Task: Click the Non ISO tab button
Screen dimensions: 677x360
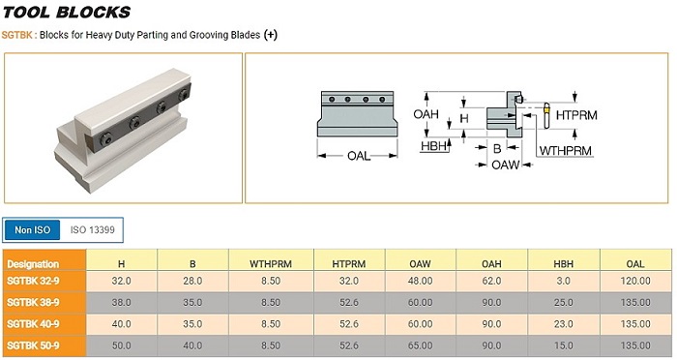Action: coord(32,229)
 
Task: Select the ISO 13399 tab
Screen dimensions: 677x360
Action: coord(93,229)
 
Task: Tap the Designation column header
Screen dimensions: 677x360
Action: coord(33,264)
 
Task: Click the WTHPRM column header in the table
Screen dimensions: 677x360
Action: coord(271,263)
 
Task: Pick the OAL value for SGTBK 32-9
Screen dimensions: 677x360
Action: coord(635,281)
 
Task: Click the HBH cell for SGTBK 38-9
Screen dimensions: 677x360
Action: coord(564,303)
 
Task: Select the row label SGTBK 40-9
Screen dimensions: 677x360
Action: coord(33,324)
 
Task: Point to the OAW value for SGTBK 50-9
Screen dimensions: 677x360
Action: coord(420,345)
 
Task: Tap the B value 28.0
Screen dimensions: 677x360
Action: coord(192,281)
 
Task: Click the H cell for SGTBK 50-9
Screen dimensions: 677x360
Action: coord(121,345)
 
